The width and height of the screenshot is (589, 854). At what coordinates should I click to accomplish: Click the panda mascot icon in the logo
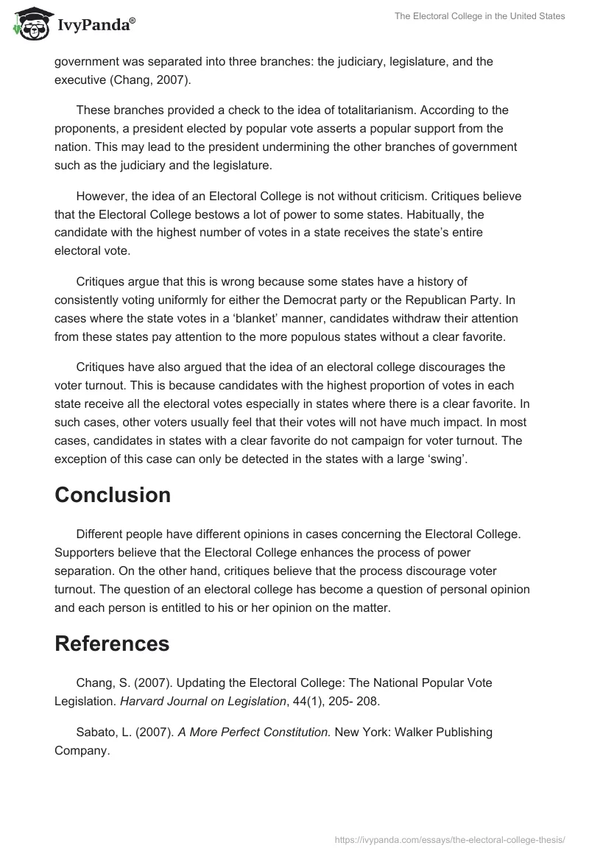(29, 23)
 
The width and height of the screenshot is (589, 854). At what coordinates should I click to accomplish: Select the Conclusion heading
(113, 495)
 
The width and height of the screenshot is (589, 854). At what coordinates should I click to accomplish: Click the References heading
(112, 643)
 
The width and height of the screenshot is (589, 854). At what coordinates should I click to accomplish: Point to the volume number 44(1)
(305, 701)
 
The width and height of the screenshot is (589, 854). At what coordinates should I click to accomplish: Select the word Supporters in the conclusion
(85, 552)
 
